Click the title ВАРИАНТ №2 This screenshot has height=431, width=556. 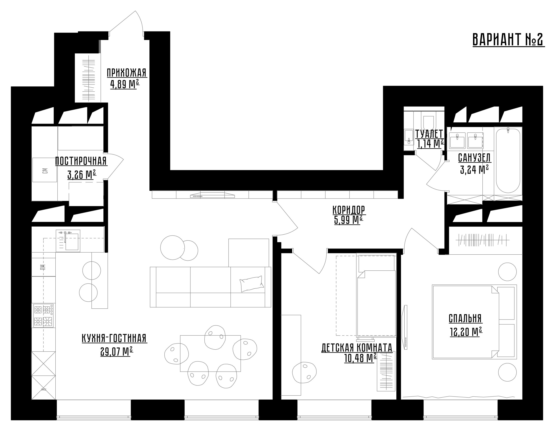pos(508,40)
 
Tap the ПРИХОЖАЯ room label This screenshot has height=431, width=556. pos(127,73)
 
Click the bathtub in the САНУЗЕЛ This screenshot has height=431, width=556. pos(508,160)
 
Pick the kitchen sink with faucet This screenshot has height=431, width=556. pos(68,241)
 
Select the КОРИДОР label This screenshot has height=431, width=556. pos(349,210)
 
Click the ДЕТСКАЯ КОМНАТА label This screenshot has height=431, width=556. pos(357,347)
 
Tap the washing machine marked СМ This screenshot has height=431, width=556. pos(45,170)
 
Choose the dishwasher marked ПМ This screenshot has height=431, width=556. pos(43,267)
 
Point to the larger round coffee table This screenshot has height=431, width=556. pos(173,248)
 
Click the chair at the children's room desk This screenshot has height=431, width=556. pos(304,372)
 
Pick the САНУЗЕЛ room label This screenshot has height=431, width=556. pos(474,158)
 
